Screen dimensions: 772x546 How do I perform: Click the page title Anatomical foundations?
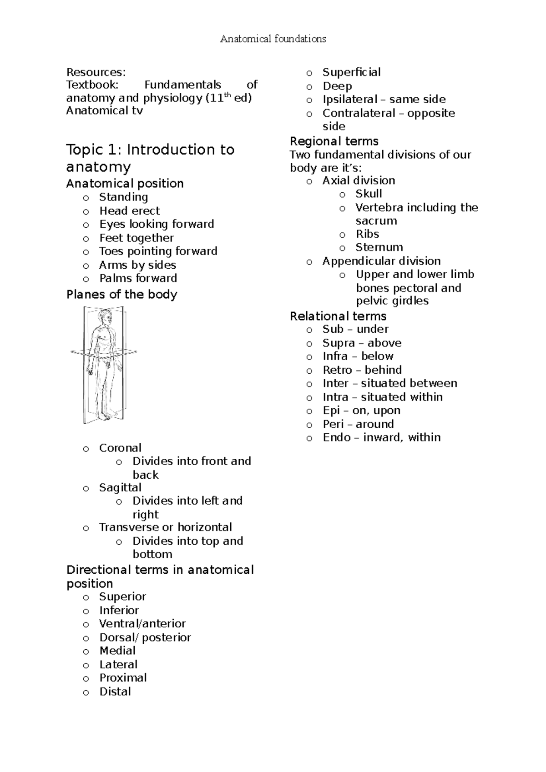click(273, 39)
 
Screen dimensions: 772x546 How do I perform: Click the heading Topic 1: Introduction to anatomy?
click(150, 158)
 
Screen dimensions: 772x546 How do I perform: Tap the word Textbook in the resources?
click(92, 85)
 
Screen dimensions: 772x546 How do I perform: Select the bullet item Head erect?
click(129, 211)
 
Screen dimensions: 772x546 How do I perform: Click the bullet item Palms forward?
click(138, 278)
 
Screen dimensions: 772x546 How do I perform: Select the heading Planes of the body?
click(121, 295)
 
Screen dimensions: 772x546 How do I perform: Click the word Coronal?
click(120, 448)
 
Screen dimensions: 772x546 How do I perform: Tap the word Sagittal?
click(120, 488)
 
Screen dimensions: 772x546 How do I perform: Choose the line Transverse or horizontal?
click(165, 527)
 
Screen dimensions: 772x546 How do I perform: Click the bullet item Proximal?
click(123, 678)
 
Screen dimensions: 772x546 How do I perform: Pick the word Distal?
click(115, 692)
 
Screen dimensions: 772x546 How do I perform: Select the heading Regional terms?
click(334, 141)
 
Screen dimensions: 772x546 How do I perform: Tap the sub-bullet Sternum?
click(379, 247)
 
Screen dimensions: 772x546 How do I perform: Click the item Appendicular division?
click(381, 261)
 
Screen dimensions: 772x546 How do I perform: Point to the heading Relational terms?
click(338, 316)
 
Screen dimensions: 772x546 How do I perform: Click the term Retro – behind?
click(362, 370)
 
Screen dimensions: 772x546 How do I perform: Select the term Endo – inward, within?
click(381, 437)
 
